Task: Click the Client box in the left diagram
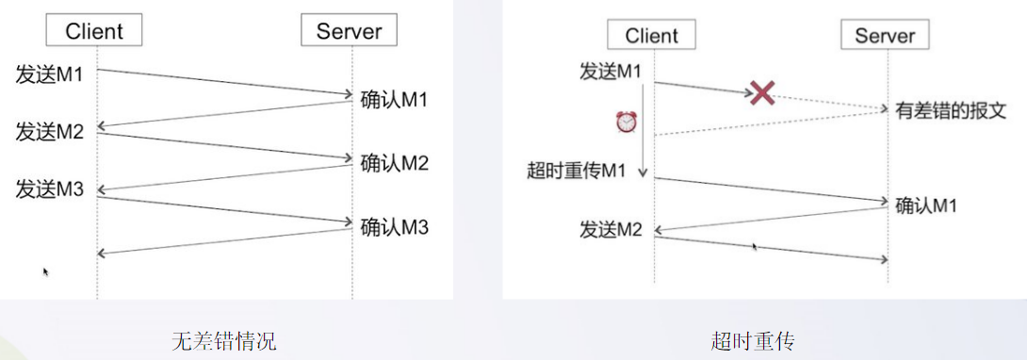(94, 31)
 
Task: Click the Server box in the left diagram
(349, 31)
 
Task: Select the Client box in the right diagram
(651, 36)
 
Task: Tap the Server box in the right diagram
(884, 36)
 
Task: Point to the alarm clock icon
(627, 122)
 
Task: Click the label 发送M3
(50, 189)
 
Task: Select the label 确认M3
(395, 226)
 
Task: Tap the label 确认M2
(395, 163)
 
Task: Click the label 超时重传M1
(577, 171)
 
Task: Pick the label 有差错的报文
(950, 110)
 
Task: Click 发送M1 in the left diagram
(50, 73)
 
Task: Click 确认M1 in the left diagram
(395, 99)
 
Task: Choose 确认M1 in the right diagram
(926, 205)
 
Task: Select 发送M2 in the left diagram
(50, 131)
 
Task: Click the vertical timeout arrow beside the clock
(644, 132)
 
